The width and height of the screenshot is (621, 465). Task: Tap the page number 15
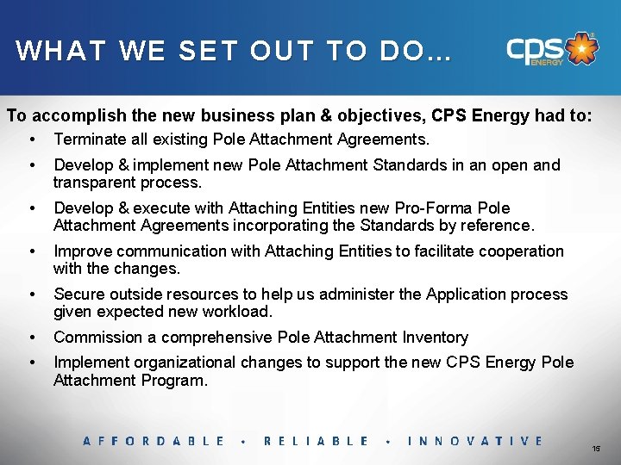(x=596, y=449)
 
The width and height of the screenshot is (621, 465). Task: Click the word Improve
(x=83, y=251)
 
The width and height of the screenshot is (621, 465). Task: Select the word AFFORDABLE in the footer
(x=154, y=441)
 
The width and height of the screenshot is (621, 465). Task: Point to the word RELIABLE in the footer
(x=316, y=441)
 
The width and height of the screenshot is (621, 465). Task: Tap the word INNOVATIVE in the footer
(x=475, y=441)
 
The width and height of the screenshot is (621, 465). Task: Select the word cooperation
(x=517, y=251)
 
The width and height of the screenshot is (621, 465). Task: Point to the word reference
(x=496, y=226)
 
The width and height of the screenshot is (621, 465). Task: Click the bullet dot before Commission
(x=32, y=338)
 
